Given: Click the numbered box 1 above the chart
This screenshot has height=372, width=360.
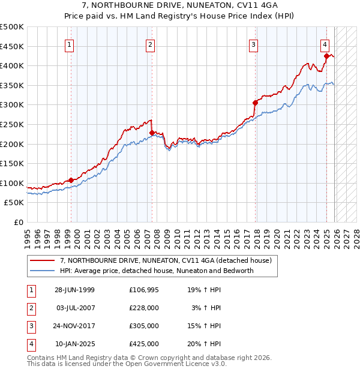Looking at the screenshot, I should click(x=70, y=44).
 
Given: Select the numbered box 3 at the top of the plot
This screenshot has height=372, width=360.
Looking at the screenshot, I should click(x=254, y=44).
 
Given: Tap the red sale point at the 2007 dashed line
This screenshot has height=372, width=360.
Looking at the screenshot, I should click(x=152, y=133).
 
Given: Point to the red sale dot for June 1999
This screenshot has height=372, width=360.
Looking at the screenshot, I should click(x=71, y=180).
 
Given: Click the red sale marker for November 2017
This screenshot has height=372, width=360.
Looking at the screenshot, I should click(x=255, y=103).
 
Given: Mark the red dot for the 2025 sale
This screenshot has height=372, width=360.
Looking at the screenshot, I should click(x=326, y=56).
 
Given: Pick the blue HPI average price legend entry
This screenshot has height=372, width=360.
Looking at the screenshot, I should click(x=157, y=271).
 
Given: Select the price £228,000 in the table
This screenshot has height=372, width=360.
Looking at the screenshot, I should click(x=144, y=307).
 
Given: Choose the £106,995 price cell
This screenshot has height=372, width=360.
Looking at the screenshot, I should click(x=144, y=289).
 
